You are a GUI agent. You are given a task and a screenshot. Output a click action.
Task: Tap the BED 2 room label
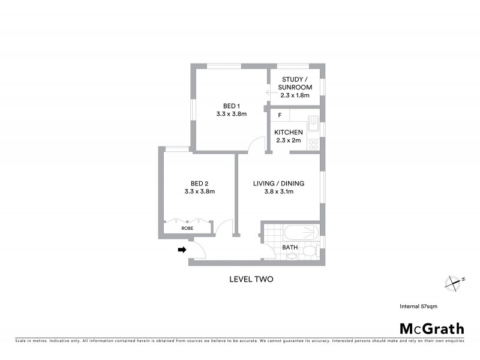click(x=200, y=183)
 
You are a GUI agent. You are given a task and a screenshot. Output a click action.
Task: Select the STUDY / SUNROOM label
click(x=294, y=83)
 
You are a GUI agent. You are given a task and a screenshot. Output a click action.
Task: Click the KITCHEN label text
click(x=288, y=133)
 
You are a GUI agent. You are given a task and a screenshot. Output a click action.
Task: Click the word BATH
click(x=290, y=247)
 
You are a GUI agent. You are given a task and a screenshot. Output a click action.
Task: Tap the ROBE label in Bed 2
click(x=187, y=228)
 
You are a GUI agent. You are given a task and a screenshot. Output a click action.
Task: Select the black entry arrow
click(x=181, y=250)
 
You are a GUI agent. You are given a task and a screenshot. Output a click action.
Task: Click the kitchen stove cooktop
click(x=313, y=144)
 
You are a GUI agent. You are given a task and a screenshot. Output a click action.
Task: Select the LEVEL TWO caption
click(x=251, y=278)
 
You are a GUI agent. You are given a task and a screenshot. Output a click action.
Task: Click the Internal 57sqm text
click(x=419, y=306)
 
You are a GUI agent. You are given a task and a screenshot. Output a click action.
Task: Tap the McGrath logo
click(x=432, y=328)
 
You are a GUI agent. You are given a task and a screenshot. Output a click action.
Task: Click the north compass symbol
click(x=452, y=281)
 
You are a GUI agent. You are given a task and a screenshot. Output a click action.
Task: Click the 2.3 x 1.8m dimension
click(x=294, y=95)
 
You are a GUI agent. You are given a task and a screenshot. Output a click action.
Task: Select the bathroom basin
click(x=291, y=257)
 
